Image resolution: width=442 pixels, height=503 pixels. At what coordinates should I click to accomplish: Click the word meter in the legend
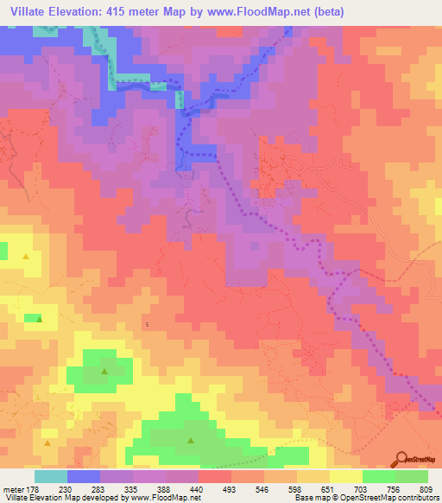click(x=13, y=488)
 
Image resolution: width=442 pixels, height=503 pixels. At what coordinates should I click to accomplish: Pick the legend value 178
click(x=35, y=488)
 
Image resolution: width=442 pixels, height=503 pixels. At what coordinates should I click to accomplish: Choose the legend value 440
click(x=198, y=488)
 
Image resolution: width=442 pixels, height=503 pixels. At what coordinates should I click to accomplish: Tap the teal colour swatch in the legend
click(x=50, y=476)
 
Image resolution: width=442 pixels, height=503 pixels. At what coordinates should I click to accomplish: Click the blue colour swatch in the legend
click(x=83, y=476)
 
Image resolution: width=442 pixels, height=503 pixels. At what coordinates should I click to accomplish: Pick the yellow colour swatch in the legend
click(x=345, y=476)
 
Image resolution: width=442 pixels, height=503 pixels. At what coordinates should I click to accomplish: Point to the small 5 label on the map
click(x=148, y=324)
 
